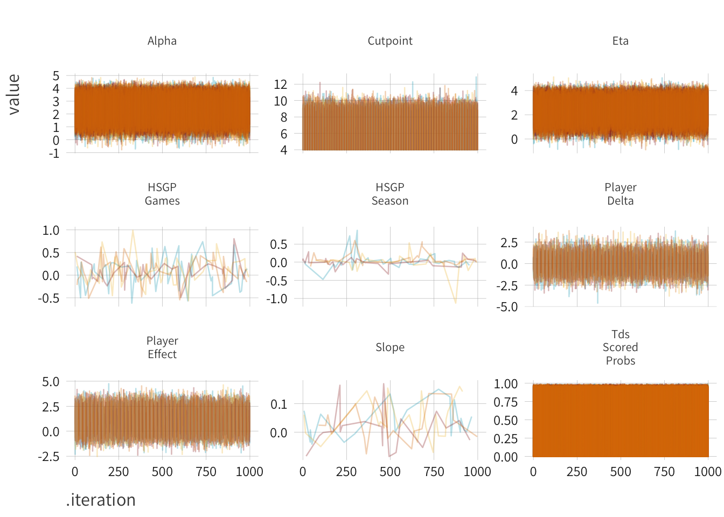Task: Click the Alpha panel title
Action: click(162, 41)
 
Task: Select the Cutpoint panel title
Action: click(390, 41)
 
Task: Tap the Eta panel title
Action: click(620, 41)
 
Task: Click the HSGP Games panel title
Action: click(162, 194)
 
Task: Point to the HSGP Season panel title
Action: click(390, 194)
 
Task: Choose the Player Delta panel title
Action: click(620, 194)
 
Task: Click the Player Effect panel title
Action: click(162, 347)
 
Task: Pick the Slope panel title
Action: click(390, 347)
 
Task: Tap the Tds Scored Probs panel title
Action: click(620, 347)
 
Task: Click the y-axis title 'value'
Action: click(14, 94)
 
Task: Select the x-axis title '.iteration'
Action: click(101, 500)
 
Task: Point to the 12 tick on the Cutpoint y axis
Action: click(280, 84)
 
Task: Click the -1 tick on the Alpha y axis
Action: click(54, 153)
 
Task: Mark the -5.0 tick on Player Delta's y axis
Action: click(507, 307)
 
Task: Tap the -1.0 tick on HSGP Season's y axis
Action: click(276, 299)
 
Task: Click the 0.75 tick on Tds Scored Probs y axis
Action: click(506, 402)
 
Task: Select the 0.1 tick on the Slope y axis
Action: click(279, 404)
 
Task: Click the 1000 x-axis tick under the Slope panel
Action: click(477, 472)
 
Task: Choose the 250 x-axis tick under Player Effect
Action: click(119, 472)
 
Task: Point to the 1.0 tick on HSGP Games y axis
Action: click(51, 230)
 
